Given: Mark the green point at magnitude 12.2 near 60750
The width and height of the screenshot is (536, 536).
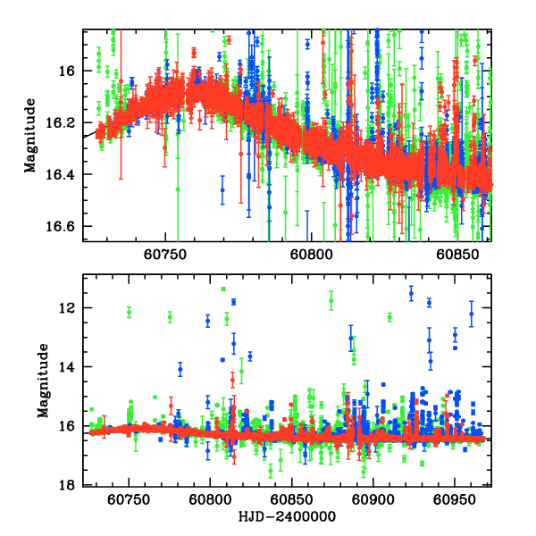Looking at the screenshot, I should click(x=130, y=312).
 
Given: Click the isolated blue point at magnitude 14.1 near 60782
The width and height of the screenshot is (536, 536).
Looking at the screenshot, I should click(x=180, y=369).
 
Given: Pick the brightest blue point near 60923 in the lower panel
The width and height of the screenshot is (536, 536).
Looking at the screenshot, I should click(x=411, y=292).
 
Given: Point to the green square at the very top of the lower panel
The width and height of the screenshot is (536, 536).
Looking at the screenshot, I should click(x=223, y=289).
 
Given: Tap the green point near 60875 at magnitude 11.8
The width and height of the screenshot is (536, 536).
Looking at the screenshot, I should click(x=331, y=301).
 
